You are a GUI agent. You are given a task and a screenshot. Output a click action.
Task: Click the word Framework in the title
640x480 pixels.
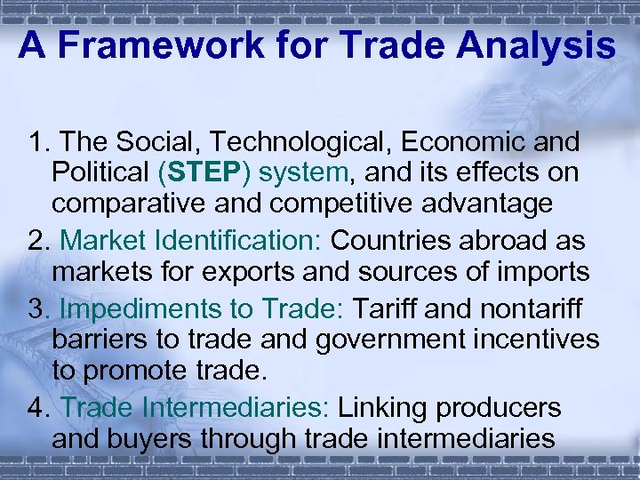click(x=147, y=44)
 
